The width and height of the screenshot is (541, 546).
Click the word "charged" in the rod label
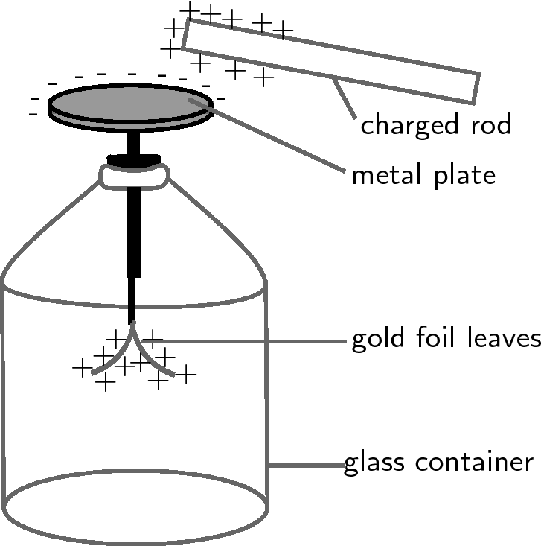(409, 125)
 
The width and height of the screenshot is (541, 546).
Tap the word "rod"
(491, 124)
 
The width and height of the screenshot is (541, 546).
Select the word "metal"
(390, 174)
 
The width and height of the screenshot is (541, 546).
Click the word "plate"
(465, 176)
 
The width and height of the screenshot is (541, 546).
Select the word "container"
(474, 462)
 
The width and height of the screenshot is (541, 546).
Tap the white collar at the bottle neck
(134, 177)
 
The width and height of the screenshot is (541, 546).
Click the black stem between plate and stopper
(133, 144)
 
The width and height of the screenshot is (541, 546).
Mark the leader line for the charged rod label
(344, 99)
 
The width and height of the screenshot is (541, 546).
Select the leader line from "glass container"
(307, 465)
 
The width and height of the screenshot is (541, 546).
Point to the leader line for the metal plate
(267, 135)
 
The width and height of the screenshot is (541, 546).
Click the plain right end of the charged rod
(476, 89)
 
